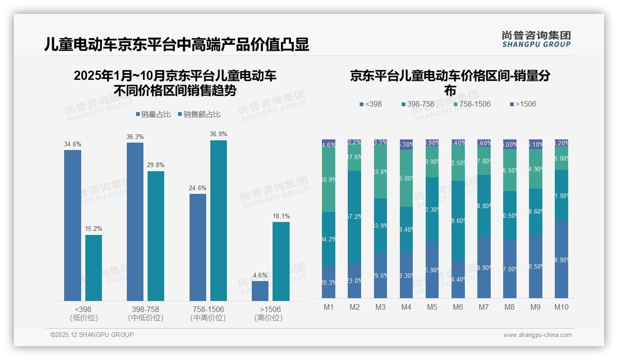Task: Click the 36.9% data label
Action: [219, 134]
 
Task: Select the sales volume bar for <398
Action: [72, 225]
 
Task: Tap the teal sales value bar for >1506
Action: [281, 261]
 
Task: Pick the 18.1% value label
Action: [281, 216]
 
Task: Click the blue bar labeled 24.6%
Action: [198, 247]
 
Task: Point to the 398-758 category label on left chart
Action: [145, 309]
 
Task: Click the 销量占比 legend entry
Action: [155, 114]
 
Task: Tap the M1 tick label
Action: [328, 307]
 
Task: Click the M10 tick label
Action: [561, 307]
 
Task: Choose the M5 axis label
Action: [432, 307]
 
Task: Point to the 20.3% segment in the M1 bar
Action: [328, 282]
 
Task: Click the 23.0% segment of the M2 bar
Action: [354, 280]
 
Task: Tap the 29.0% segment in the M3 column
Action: [380, 275]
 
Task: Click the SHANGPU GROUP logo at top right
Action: [536, 39]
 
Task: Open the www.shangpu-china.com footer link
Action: [537, 335]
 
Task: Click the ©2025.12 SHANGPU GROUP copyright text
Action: [92, 335]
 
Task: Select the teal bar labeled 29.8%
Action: [156, 236]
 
